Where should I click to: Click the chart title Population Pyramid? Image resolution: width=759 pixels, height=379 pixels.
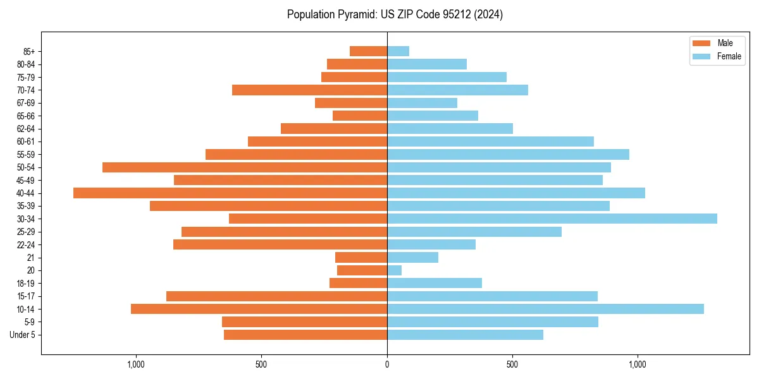pos(395,15)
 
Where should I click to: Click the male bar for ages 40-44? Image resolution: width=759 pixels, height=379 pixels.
pos(230,193)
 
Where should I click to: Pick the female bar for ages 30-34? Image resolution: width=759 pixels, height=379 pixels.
pos(552,219)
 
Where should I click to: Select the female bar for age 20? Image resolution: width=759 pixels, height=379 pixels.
pos(394,270)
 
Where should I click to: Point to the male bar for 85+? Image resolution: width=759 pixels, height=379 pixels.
pos(368,51)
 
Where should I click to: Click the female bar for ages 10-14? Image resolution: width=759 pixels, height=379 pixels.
pos(545,309)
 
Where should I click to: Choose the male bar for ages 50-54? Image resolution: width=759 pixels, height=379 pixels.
pos(245,167)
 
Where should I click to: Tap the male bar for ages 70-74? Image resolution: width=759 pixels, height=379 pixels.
pos(309,90)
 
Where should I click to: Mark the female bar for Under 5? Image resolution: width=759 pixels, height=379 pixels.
pos(465,335)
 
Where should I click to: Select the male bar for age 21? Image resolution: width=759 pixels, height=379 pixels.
pos(361,258)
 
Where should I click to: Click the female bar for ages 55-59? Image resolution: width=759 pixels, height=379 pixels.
pos(508,155)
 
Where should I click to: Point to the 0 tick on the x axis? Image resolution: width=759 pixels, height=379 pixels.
pos(387,364)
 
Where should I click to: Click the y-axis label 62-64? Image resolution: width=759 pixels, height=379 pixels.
pos(26,129)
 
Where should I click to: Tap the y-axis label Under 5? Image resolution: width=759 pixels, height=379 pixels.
pos(22,335)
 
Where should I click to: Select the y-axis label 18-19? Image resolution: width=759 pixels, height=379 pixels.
pos(26,284)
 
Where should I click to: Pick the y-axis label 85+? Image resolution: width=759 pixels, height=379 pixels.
pos(29,52)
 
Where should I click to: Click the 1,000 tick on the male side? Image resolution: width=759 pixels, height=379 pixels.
pos(136,364)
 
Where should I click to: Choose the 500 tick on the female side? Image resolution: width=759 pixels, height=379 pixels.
pos(512,364)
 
